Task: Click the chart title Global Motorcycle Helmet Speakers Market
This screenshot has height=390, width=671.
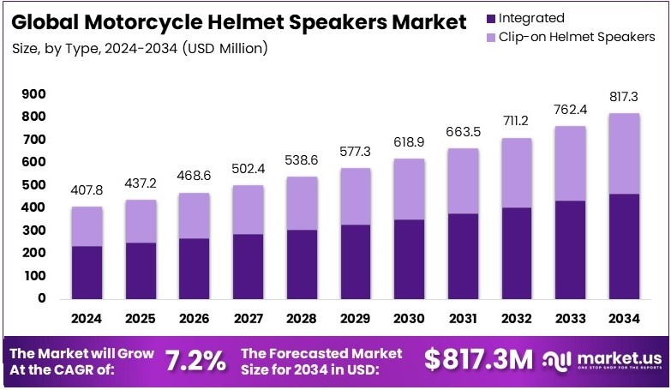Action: [x=234, y=21]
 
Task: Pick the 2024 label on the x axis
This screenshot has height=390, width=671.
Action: [x=87, y=320]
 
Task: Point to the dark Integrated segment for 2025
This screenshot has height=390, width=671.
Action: [x=140, y=270]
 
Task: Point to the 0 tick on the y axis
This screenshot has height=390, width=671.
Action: [x=41, y=299]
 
